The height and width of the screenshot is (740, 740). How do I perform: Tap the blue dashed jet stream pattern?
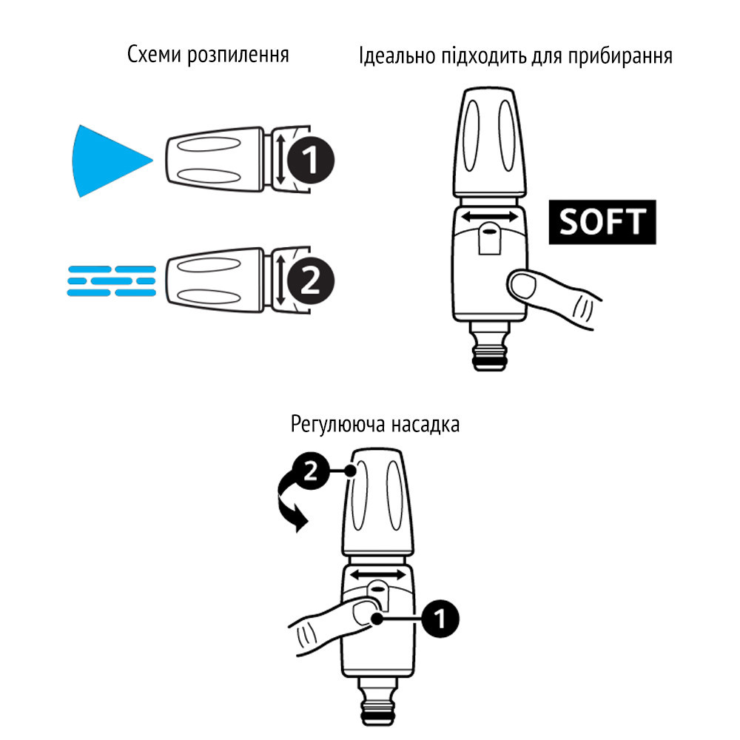point(111,280)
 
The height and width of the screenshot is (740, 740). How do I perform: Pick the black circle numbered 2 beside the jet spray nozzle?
point(312,281)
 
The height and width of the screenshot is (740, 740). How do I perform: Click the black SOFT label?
point(602,222)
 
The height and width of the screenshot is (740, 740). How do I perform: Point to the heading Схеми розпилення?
point(208,55)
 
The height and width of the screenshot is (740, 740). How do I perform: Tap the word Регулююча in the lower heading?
point(333,425)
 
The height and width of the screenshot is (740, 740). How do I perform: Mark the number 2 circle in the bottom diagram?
point(312,472)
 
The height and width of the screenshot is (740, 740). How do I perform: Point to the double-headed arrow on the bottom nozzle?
point(377,575)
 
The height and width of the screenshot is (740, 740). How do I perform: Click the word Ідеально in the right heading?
point(392,57)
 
